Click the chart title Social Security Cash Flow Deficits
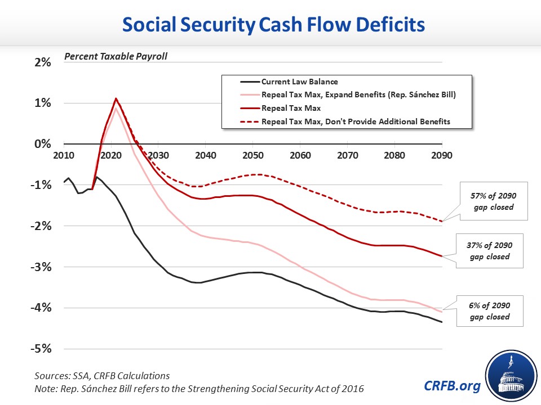coord(270,25)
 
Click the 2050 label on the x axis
coord(253,155)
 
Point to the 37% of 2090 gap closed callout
coord(489,251)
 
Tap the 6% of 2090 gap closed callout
coord(489,310)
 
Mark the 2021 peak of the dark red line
coord(116,99)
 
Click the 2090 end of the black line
coord(442,322)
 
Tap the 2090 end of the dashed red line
coord(442,221)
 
